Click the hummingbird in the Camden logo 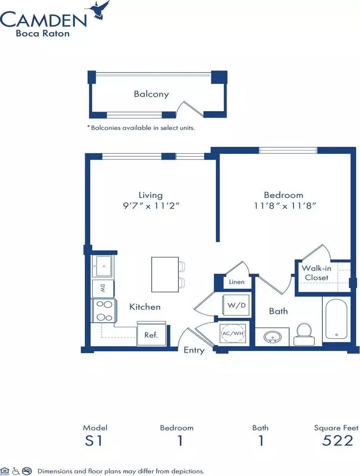(99, 11)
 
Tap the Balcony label (151, 94)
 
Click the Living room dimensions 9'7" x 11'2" (151, 206)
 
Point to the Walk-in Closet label (316, 273)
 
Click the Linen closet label (237, 282)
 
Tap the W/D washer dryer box (237, 305)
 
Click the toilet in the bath (303, 334)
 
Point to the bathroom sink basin (273, 337)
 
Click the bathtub (336, 321)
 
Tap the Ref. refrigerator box (151, 334)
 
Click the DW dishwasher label (103, 289)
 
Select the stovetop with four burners (104, 310)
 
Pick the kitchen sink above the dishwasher (103, 266)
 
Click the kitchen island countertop (165, 274)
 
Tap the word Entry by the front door (194, 351)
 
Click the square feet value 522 (338, 440)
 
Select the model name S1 (94, 440)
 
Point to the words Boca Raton (43, 33)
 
